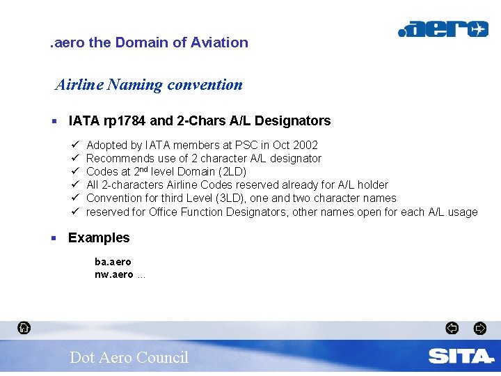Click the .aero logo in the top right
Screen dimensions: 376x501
tap(443, 29)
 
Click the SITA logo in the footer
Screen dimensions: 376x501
tap(461, 357)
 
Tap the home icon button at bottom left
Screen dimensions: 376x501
tap(24, 327)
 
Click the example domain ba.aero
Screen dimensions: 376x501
tap(113, 262)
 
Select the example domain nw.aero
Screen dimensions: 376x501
tap(113, 274)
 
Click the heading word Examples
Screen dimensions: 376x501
tap(99, 237)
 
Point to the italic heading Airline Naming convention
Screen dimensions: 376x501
tap(149, 85)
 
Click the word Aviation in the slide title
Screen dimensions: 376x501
tap(221, 42)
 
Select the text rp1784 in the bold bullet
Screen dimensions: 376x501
tap(124, 120)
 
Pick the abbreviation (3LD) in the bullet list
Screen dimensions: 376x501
tap(235, 198)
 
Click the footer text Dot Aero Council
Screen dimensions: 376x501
tap(129, 357)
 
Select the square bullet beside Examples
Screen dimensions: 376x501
tap(54, 238)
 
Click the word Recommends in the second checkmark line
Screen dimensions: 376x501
tap(118, 158)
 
